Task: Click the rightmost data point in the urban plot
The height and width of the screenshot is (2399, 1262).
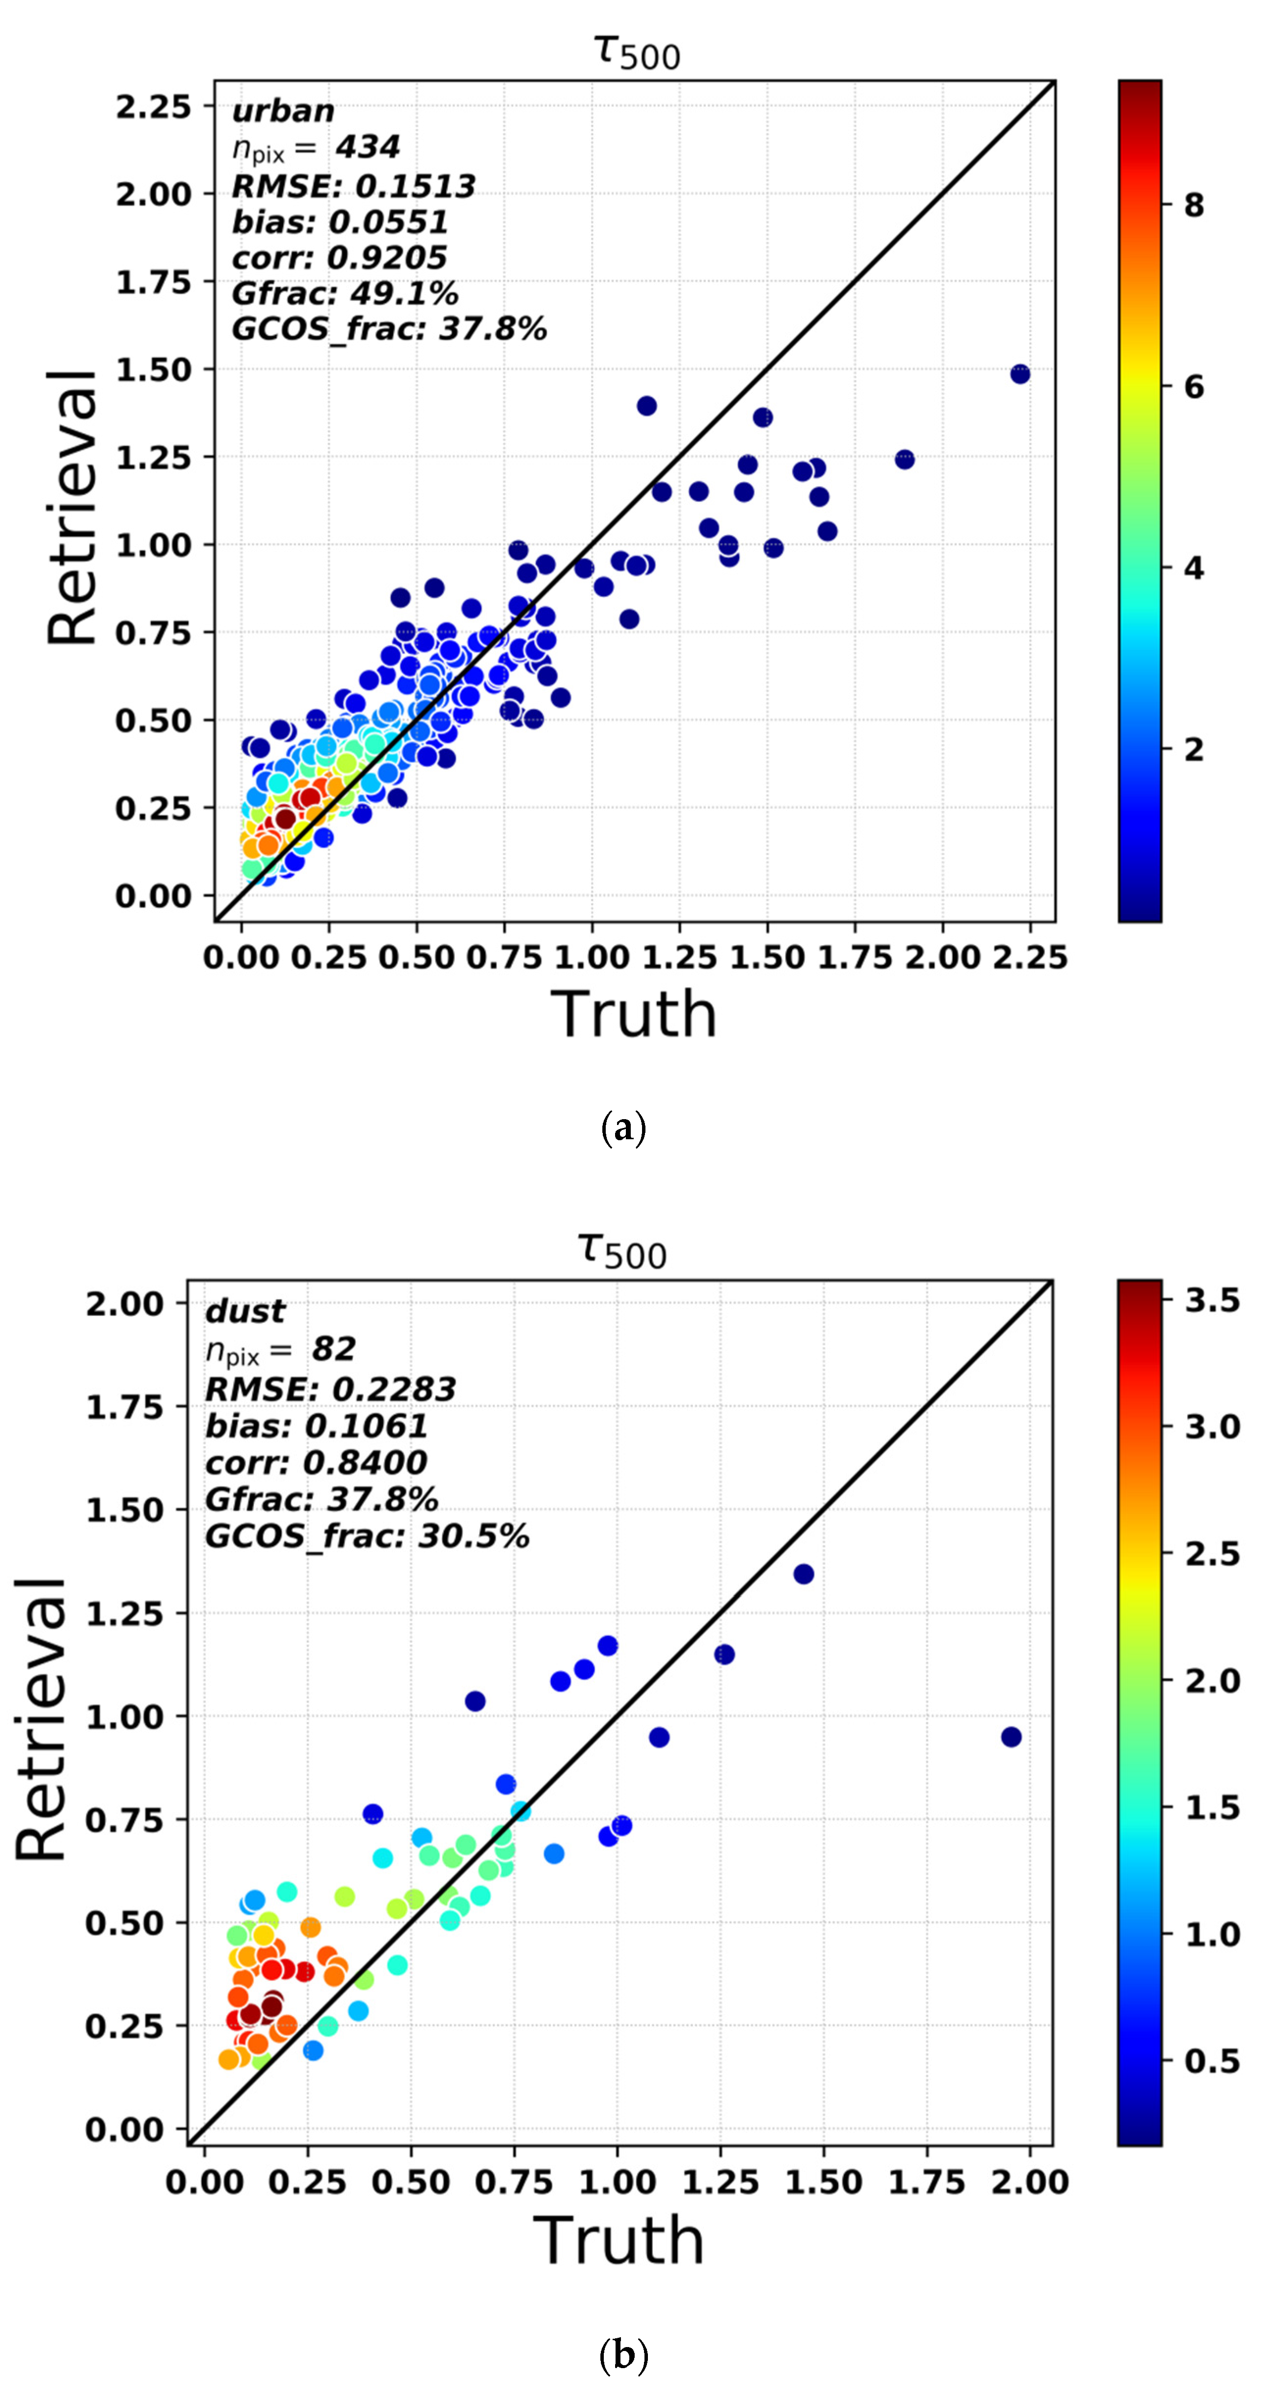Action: [x=1020, y=373]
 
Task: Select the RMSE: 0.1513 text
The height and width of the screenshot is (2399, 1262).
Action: [x=353, y=186]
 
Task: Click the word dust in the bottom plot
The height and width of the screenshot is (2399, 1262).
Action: [x=245, y=1311]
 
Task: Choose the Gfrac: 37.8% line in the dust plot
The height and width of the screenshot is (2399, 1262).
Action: [x=322, y=1499]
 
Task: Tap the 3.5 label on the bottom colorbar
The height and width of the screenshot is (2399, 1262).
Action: [x=1212, y=1300]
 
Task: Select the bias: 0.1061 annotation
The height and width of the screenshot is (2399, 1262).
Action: [x=316, y=1426]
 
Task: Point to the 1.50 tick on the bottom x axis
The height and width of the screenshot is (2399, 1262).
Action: [x=823, y=2181]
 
